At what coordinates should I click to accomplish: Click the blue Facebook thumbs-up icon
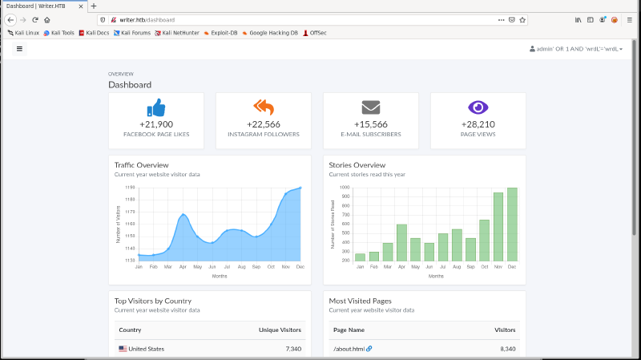pos(156,107)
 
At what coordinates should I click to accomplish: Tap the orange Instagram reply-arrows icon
pos(264,107)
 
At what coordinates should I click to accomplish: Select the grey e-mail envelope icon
pos(370,107)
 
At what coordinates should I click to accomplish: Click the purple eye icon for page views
pos(478,107)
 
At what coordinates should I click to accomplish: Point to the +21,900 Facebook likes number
pos(156,124)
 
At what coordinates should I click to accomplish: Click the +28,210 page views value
pos(478,124)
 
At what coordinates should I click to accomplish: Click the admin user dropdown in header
pos(576,49)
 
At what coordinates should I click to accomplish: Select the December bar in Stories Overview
pos(512,224)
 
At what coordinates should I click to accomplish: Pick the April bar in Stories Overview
pos(401,242)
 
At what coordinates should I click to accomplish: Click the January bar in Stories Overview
pos(360,257)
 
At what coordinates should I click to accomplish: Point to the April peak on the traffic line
pos(183,214)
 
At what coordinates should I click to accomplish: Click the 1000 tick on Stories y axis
pos(345,188)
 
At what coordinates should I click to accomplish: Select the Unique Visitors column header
pos(280,330)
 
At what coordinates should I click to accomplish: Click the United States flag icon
pos(123,349)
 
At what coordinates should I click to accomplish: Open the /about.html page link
pos(349,349)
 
